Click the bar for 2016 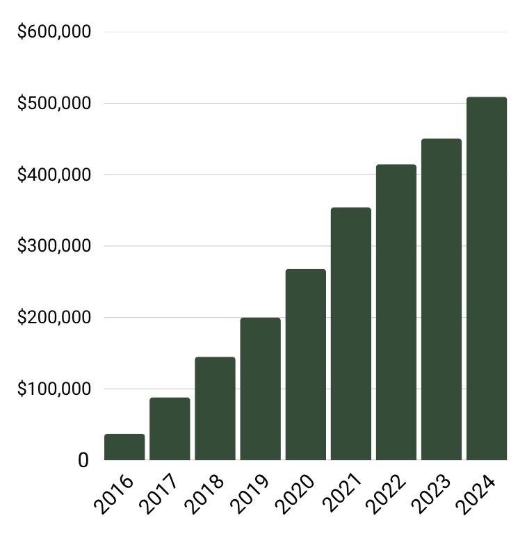click(124, 447)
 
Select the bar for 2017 click(170, 429)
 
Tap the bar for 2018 click(215, 409)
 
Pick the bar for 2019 click(260, 389)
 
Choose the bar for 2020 click(305, 365)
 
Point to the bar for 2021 click(350, 334)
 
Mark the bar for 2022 click(396, 313)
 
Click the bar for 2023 click(441, 300)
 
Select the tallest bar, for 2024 click(486, 279)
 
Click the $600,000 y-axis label click(54, 32)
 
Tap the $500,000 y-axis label click(54, 104)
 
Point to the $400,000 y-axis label click(54, 174)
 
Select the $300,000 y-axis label click(54, 246)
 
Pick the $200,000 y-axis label click(54, 318)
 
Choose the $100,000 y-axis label click(54, 389)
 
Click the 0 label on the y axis click(83, 460)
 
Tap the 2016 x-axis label click(116, 496)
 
